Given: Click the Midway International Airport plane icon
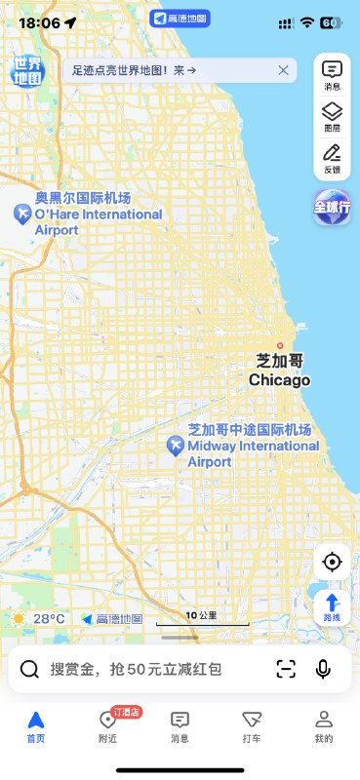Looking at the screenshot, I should pos(176,446).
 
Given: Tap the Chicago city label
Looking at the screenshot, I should pos(279,370).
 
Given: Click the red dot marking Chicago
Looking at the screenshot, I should pos(280,345).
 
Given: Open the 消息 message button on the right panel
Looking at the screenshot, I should pos(332,74).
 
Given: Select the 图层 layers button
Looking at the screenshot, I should pos(332,115).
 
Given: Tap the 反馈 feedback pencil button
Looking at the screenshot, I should pos(332,156).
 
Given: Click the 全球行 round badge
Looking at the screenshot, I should pos(332,207).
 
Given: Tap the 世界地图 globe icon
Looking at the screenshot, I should pos(28,69).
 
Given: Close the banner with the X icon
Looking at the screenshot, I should pos(283,70).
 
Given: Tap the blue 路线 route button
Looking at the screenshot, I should pos(332,606).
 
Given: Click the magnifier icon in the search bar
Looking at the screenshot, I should pos(30,669).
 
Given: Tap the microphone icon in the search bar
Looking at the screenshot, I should pos(323,669).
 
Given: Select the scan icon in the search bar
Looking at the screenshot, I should pos(285,669).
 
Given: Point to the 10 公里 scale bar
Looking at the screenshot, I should pos(216,619).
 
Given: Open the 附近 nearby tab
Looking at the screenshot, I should pos(108,725).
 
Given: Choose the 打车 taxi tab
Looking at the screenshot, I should pos(252,725).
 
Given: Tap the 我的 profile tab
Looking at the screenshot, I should pos(324,725).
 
